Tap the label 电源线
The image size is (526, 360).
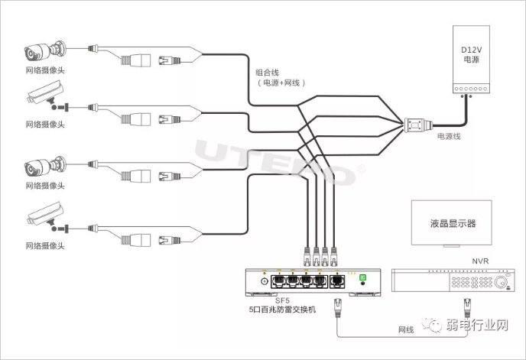click(x=449, y=137)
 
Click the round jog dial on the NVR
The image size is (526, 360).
click(x=502, y=284)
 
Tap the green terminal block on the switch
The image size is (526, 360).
click(x=363, y=278)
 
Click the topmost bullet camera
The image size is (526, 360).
click(x=43, y=53)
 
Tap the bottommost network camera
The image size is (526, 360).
click(x=44, y=217)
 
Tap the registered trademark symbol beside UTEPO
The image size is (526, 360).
click(x=361, y=170)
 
